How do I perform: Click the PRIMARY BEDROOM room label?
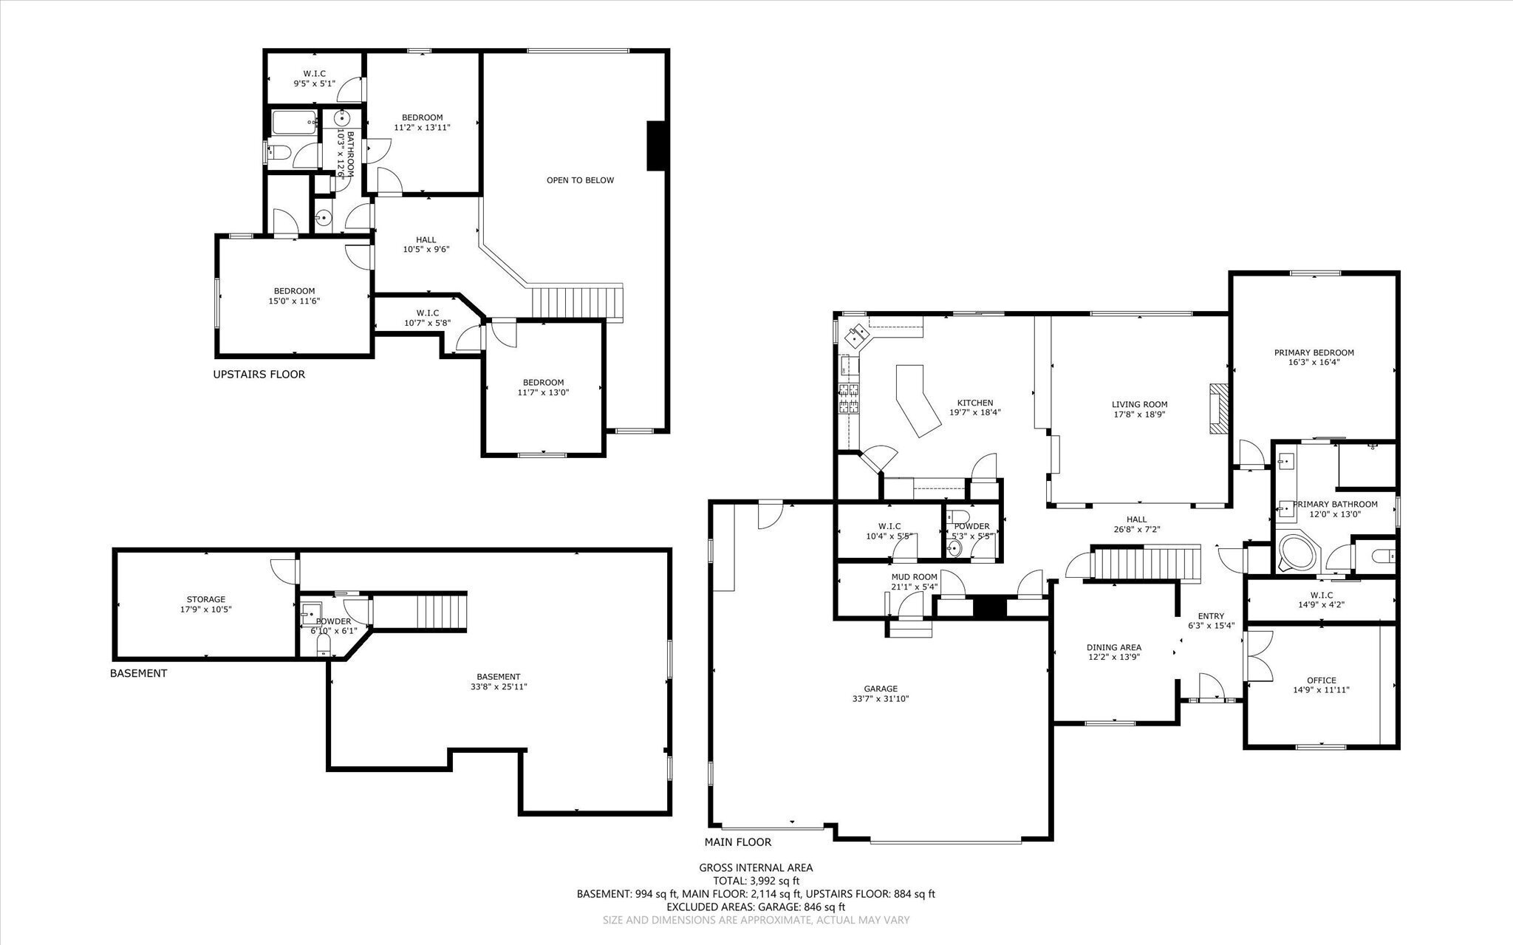1314,352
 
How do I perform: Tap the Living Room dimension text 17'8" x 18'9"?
1139,414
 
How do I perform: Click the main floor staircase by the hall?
1146,564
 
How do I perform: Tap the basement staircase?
442,610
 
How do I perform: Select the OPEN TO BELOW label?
580,180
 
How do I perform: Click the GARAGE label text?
880,688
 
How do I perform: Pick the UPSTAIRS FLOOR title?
259,375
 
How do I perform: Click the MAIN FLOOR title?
737,842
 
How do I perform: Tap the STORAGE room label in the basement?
205,599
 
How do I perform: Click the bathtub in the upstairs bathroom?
294,123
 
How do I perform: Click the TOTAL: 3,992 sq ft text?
756,881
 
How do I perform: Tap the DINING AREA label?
1114,647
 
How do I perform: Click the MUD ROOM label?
914,577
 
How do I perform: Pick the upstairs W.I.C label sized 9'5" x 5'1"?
314,74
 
